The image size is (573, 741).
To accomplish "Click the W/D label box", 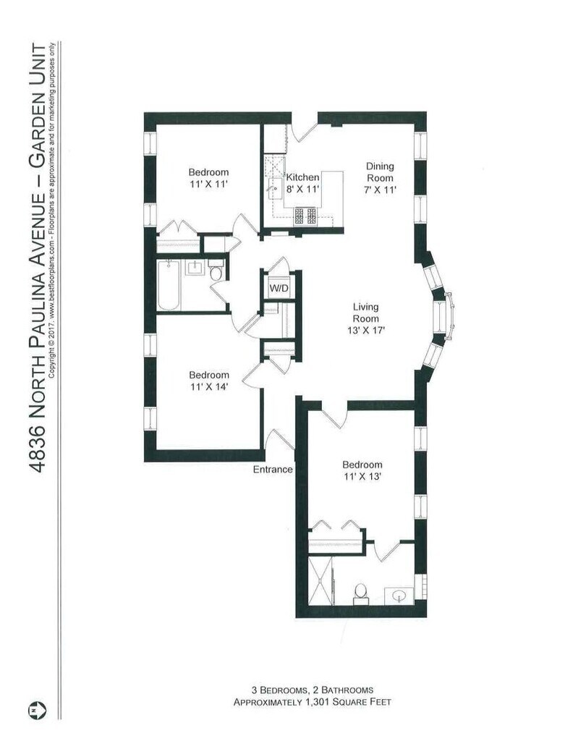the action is point(279,288).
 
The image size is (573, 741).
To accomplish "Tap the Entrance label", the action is point(273,469).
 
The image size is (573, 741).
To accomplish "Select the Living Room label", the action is point(365,313).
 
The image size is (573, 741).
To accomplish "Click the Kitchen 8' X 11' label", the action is point(303,183).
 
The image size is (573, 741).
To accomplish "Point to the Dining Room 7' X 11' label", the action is point(381,178).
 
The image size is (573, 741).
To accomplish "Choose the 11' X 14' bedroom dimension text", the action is point(209,386).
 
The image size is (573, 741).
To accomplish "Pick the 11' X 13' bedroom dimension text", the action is point(362,476).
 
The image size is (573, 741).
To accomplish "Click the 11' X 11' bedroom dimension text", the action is point(209,184).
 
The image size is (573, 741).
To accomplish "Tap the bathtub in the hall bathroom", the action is point(169,285).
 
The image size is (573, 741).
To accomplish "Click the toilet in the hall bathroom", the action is point(216,271).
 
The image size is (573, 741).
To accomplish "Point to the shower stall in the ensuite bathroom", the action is point(321,580).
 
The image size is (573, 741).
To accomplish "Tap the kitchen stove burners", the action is point(305,216).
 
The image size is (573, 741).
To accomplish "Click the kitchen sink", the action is point(274,190).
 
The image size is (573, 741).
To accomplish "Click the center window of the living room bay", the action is point(443,316).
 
